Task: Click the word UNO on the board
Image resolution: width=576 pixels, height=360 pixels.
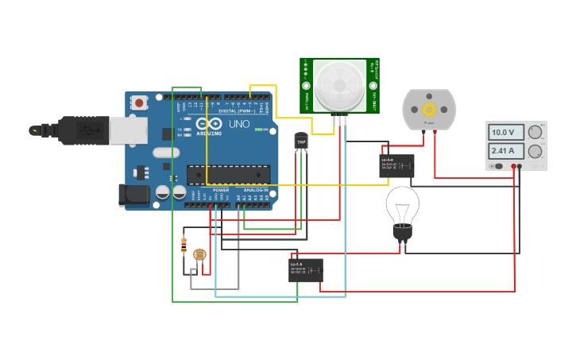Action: [239, 125]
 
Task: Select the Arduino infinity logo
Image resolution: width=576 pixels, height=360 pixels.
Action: [209, 125]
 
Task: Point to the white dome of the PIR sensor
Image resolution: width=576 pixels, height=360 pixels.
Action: [339, 85]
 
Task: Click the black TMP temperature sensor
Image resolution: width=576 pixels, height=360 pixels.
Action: [300, 141]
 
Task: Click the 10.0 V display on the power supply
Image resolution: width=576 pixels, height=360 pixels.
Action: [503, 133]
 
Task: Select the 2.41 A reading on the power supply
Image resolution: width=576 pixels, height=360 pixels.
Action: [503, 151]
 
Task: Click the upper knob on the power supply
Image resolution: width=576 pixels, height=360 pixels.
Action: [535, 133]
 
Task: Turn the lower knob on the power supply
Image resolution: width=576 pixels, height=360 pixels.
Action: [535, 151]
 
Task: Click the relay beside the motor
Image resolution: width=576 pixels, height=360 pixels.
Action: [396, 165]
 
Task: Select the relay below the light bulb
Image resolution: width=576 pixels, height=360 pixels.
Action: [306, 269]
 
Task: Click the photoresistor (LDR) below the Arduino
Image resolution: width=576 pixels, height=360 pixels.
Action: [199, 255]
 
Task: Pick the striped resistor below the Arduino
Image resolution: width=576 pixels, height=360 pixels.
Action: [184, 246]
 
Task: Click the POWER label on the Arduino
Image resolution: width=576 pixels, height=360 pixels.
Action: [221, 191]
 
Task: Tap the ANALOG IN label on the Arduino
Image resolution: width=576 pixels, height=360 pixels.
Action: [256, 191]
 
